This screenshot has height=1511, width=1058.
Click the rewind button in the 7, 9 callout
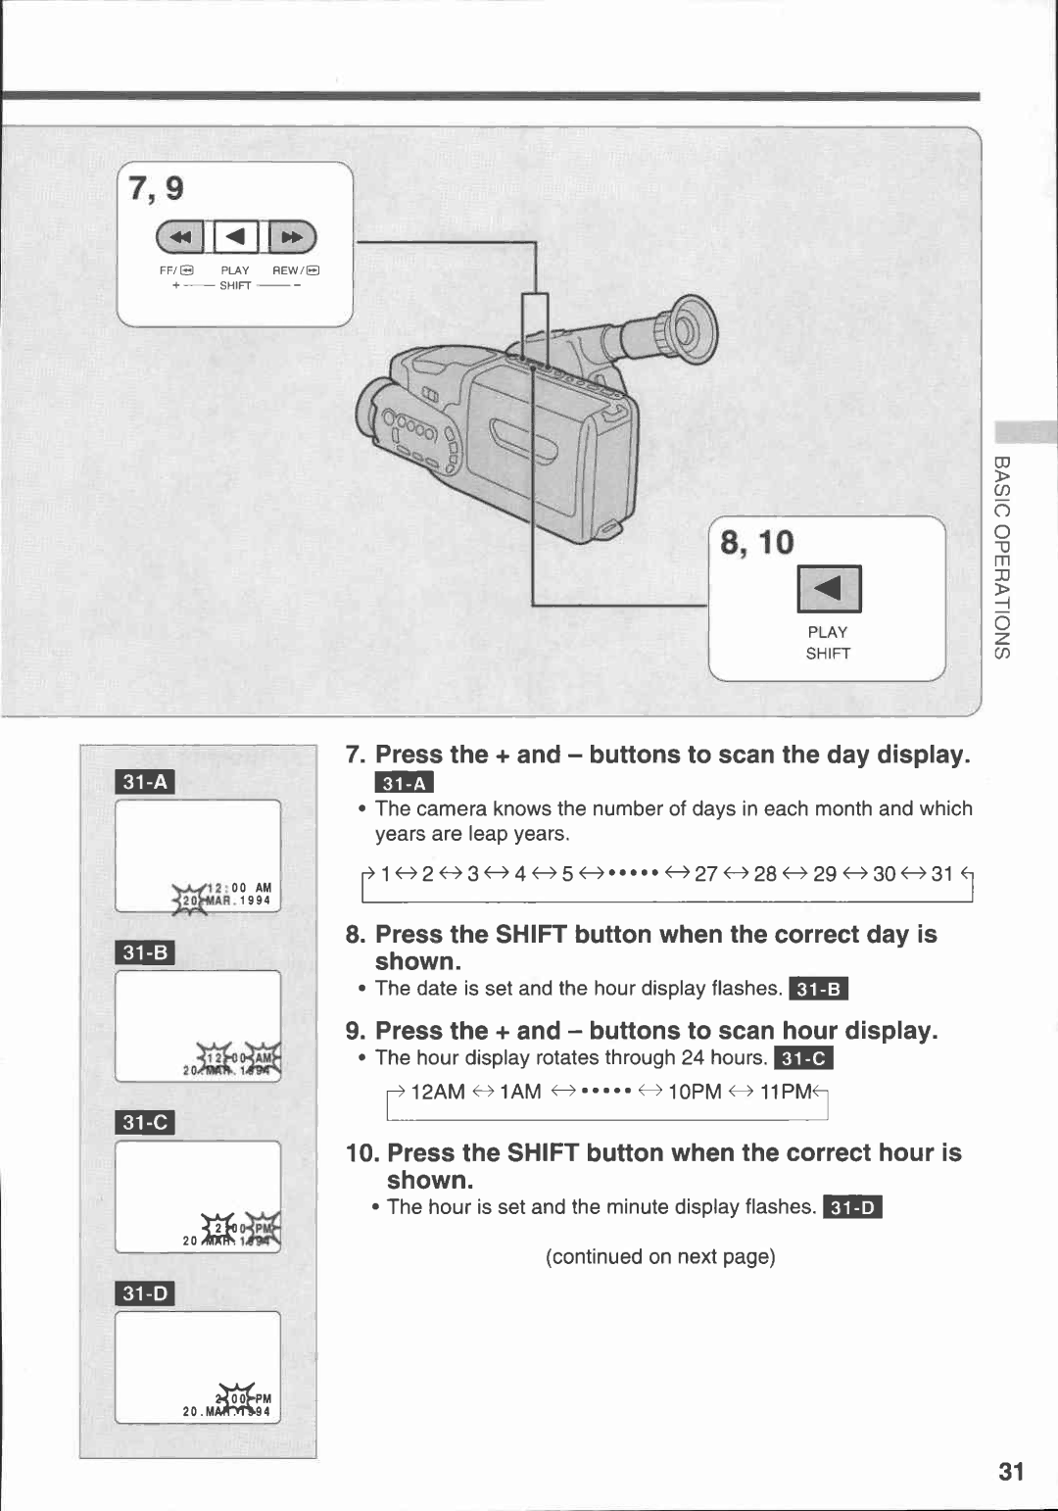tap(293, 237)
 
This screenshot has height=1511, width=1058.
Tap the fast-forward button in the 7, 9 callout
tap(179, 237)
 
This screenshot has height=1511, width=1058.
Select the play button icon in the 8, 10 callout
tap(829, 588)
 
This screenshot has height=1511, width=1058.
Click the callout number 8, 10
tap(757, 543)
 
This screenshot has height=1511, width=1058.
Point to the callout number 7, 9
tap(156, 188)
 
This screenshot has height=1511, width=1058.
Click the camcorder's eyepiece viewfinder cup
tap(686, 329)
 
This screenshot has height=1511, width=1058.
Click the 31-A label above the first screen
tap(145, 782)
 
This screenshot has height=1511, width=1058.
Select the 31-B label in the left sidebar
tap(145, 952)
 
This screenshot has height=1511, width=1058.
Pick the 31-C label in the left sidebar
tap(145, 1123)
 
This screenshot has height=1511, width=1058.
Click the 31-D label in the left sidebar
tap(145, 1293)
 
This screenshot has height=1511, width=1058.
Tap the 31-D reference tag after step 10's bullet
tap(852, 1207)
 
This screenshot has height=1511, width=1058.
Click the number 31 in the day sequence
tap(941, 873)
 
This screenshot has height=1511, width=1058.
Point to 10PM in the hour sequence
tap(694, 1092)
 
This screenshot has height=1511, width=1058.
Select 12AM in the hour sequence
tap(437, 1092)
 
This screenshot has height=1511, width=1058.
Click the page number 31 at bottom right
tap(1011, 1472)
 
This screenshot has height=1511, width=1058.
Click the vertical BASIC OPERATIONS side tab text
tap(1001, 557)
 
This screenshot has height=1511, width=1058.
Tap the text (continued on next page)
tap(660, 1257)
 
